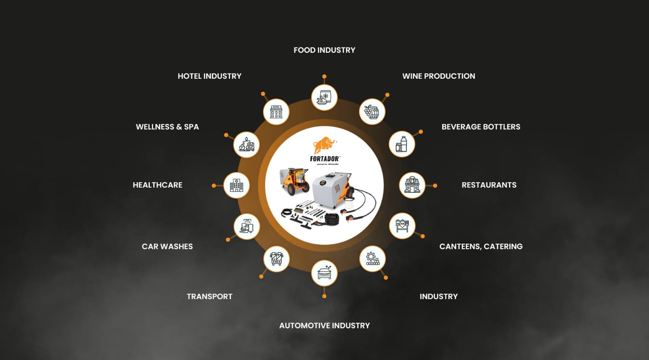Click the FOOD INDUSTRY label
tap(324, 50)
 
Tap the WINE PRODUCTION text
tap(438, 76)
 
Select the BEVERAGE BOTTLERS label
tap(481, 127)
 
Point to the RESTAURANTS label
tap(489, 185)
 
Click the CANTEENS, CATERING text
tap(481, 247)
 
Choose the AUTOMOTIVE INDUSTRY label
tap(324, 326)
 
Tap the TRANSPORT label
tap(209, 297)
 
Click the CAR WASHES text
tap(167, 247)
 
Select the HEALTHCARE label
tap(157, 185)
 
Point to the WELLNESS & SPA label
tap(167, 127)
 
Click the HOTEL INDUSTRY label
tap(209, 76)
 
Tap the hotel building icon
tap(276, 112)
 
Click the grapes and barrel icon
tap(372, 112)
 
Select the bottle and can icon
tap(402, 144)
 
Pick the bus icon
tap(276, 259)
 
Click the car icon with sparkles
tap(324, 273)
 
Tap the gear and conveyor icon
tap(372, 259)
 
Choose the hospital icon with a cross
tap(236, 185)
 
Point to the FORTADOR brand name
tap(324, 159)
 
